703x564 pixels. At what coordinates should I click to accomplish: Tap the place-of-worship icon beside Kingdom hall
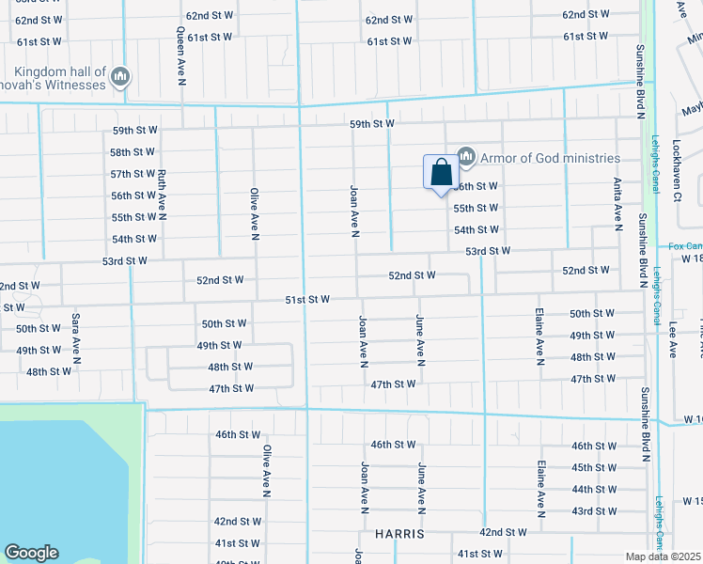coord(119,77)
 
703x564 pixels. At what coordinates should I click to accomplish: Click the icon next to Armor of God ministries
coord(465,156)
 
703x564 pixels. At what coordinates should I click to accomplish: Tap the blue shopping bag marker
coord(440,173)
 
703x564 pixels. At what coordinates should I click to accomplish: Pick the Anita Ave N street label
coord(617,204)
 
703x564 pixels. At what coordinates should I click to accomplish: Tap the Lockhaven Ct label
coord(677,171)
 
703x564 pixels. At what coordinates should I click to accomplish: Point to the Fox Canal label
coord(685,246)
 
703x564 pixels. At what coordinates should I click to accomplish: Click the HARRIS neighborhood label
coord(399,533)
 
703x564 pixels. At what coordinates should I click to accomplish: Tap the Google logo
coord(31,553)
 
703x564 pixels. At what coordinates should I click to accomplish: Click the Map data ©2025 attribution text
coord(663,556)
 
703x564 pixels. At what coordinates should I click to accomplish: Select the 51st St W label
coord(308,299)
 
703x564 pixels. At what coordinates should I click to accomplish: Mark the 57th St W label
coord(133,174)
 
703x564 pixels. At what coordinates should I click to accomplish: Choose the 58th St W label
coord(133,152)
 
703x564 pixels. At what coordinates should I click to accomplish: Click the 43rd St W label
coord(594,510)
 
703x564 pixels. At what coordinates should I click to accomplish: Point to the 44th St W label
coord(594,489)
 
